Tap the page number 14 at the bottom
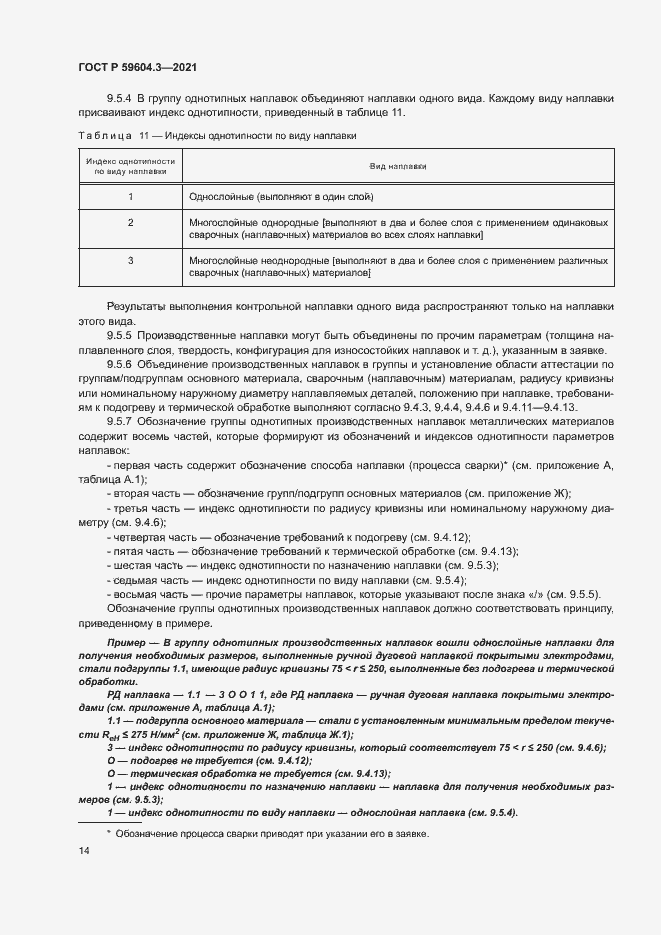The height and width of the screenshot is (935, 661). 83,850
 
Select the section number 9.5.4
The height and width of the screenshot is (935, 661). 121,100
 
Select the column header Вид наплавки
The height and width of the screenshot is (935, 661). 397,166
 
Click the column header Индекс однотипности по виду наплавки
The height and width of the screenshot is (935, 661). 131,166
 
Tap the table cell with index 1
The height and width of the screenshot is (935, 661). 131,198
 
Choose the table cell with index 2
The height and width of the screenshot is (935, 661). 131,222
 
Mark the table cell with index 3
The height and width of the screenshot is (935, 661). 131,260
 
